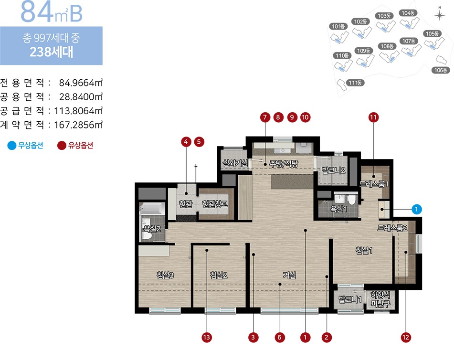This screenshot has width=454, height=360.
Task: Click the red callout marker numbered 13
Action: point(206,338)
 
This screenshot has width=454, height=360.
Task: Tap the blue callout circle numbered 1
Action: point(416,209)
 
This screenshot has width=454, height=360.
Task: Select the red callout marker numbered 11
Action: point(373,117)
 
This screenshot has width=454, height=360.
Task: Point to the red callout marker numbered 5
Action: point(199,142)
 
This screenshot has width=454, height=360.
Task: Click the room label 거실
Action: point(289,275)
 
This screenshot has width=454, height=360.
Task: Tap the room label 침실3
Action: point(165,275)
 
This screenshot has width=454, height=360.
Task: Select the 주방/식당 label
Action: point(284,164)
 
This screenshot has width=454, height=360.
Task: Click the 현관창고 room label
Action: point(215,204)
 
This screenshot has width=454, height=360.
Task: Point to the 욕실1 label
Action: point(338,209)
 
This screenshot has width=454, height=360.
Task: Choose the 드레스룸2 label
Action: point(392,228)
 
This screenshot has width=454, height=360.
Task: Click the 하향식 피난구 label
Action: point(380,299)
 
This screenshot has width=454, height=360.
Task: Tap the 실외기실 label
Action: point(235,163)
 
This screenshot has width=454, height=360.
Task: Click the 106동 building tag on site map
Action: point(441,70)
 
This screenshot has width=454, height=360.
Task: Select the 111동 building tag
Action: point(355,83)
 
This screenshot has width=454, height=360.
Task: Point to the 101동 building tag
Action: point(338,26)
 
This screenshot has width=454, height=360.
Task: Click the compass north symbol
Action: point(440,14)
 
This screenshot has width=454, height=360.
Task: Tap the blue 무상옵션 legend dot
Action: point(12,146)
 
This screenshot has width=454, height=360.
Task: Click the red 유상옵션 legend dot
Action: point(62,146)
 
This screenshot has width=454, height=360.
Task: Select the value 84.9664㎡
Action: point(81,83)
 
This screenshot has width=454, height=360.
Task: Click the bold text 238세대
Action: point(51,52)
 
